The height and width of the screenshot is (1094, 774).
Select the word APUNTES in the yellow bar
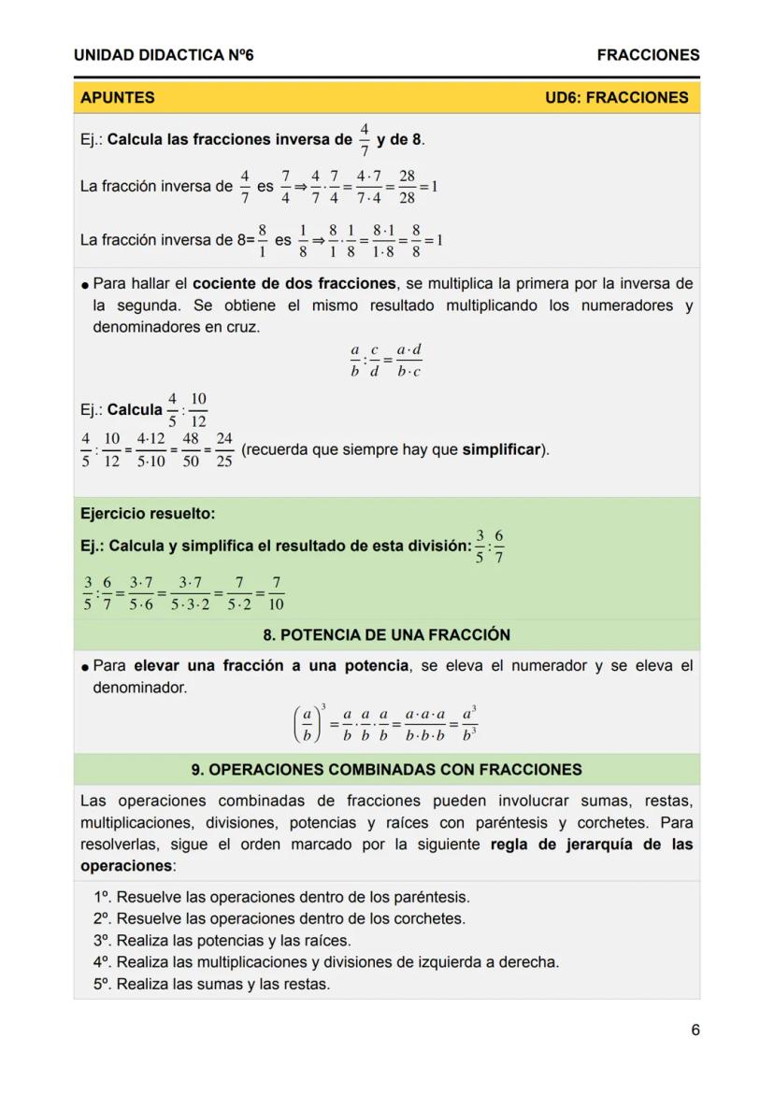[x=118, y=97]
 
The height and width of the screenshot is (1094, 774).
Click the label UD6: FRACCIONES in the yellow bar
[x=616, y=97]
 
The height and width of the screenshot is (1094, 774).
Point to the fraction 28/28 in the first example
[x=407, y=187]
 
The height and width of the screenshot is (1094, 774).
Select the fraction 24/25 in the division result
[x=223, y=450]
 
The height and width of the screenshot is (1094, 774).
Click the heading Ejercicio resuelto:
[x=148, y=514]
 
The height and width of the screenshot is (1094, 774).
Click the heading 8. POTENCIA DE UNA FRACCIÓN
[x=386, y=635]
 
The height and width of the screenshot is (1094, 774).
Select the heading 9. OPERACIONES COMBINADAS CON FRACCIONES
[x=386, y=770]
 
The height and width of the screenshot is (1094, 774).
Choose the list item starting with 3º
[x=222, y=941]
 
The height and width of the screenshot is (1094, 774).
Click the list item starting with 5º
[x=211, y=984]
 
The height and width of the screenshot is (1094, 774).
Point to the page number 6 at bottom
[x=695, y=1030]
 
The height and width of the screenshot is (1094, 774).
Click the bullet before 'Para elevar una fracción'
[x=85, y=667]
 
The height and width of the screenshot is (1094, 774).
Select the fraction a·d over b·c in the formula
[x=408, y=361]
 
